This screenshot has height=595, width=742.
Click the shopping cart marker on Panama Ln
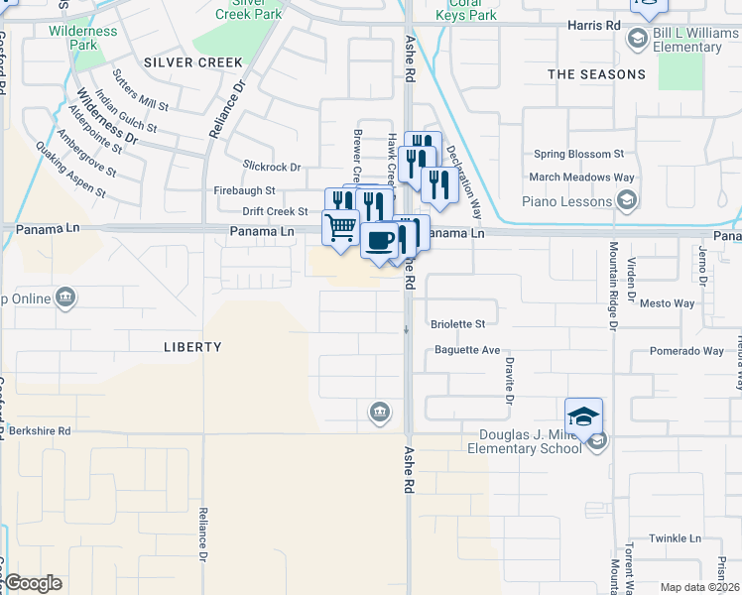click(x=340, y=227)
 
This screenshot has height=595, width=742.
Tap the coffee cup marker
click(x=380, y=241)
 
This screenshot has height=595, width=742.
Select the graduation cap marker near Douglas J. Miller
click(x=584, y=416)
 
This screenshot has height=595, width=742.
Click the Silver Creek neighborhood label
click(x=192, y=61)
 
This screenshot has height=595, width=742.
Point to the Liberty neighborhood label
click(x=192, y=347)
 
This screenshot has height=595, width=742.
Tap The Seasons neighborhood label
click(x=596, y=74)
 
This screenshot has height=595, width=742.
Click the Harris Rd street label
click(x=594, y=24)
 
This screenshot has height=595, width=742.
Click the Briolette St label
click(x=458, y=324)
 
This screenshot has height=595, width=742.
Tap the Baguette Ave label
click(x=465, y=350)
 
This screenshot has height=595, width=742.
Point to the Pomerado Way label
click(x=686, y=351)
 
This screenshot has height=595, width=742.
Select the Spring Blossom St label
click(x=577, y=155)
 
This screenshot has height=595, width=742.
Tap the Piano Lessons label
click(x=566, y=202)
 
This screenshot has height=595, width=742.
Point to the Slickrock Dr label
click(x=271, y=168)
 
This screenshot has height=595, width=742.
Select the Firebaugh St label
click(x=243, y=190)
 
